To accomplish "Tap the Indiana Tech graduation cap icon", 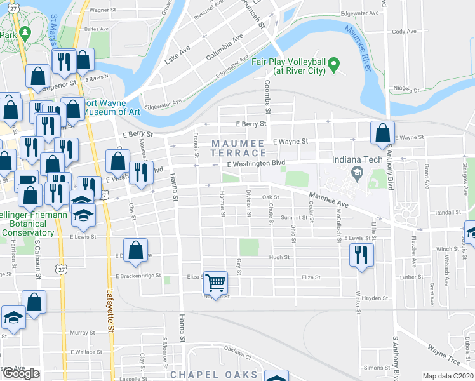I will pyautogui.click(x=357, y=172).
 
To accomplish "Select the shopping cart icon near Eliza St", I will pyautogui.click(x=216, y=281).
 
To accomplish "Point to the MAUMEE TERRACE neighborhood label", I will pyautogui.click(x=238, y=148).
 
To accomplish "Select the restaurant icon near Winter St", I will pyautogui.click(x=361, y=255).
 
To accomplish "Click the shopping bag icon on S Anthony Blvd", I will pyautogui.click(x=382, y=133).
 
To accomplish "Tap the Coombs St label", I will pyautogui.click(x=268, y=99).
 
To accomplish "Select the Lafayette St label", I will pyautogui.click(x=110, y=305).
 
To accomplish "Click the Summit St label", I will pyautogui.click(x=294, y=218).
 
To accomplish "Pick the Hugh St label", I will pyautogui.click(x=279, y=258).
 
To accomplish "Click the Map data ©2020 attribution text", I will pyautogui.click(x=447, y=376).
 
